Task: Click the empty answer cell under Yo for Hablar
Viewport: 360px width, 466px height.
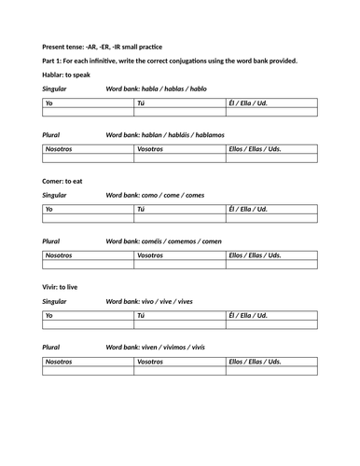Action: (89, 113)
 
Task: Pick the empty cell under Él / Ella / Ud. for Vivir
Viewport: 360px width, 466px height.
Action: (271, 326)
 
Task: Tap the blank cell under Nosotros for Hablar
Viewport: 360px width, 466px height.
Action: (89, 158)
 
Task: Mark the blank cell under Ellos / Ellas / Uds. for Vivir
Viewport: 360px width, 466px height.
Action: (271, 371)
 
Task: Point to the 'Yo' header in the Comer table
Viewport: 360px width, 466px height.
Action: (49, 209)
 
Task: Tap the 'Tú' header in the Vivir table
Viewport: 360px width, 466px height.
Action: (141, 316)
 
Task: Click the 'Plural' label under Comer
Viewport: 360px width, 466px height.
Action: (51, 240)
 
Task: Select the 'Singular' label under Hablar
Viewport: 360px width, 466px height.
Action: (54, 89)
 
